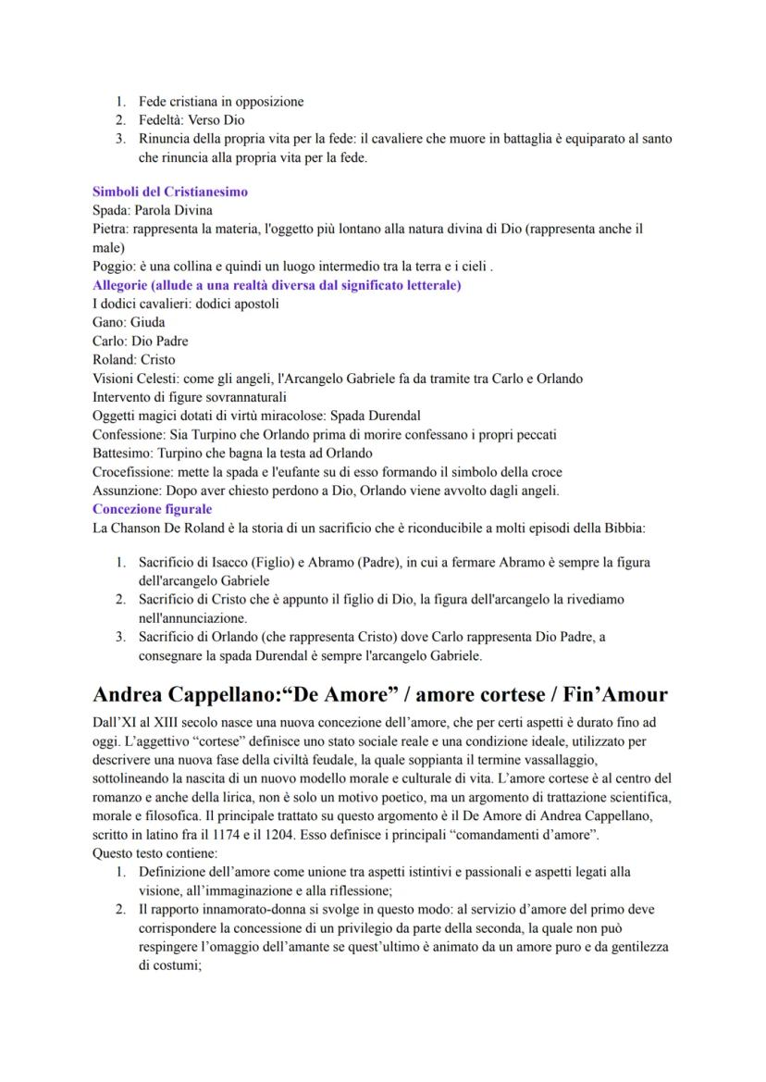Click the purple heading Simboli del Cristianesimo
point(169,192)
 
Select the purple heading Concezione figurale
point(152,509)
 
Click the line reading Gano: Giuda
point(129,322)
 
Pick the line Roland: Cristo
point(133,359)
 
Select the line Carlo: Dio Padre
point(140,341)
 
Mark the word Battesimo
point(123,453)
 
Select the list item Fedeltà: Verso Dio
point(191,120)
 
